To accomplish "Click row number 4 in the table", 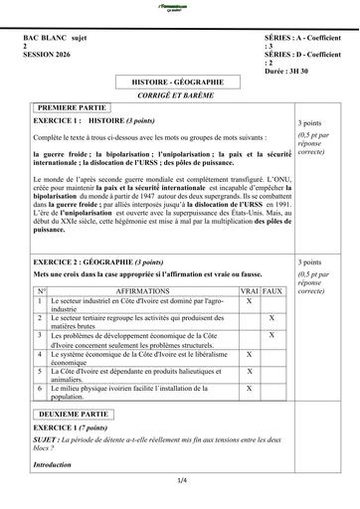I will [41, 354].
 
